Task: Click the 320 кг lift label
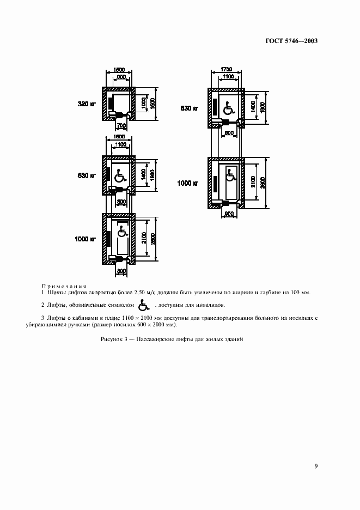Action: point(86,102)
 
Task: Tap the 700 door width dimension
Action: point(121,126)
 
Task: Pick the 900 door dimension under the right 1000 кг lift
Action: point(230,214)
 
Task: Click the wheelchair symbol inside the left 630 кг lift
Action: point(119,175)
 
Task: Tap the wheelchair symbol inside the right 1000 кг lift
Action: point(230,175)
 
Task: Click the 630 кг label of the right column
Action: point(190,108)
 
